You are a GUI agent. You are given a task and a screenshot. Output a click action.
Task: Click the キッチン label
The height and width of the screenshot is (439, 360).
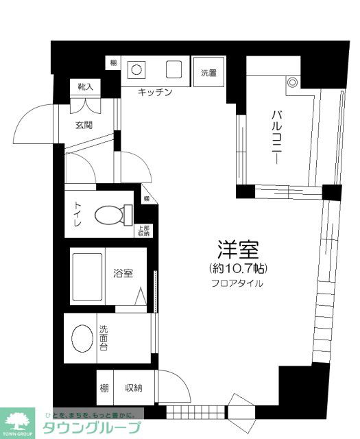pyautogui.click(x=154, y=92)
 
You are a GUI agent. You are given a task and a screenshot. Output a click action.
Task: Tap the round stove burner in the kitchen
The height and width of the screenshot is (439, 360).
pyautogui.click(x=137, y=69)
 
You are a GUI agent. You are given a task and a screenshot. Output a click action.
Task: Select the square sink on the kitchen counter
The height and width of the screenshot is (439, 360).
pyautogui.click(x=173, y=70)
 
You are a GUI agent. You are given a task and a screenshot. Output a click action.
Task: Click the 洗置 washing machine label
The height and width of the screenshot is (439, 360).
pyautogui.click(x=208, y=71)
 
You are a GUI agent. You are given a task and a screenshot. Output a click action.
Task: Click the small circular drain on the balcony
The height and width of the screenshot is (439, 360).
pyautogui.click(x=293, y=82)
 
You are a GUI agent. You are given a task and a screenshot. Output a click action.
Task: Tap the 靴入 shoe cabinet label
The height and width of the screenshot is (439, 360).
pyautogui.click(x=85, y=87)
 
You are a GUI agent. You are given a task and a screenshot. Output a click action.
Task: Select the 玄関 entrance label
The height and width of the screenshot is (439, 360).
pyautogui.click(x=84, y=125)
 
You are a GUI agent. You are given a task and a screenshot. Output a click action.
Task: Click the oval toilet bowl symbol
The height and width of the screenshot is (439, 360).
pyautogui.click(x=112, y=215)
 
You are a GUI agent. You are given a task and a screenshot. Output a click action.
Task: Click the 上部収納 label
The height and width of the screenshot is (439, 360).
pyautogui.click(x=143, y=231)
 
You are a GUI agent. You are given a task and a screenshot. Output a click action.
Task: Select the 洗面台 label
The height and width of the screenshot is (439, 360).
pyautogui.click(x=104, y=337)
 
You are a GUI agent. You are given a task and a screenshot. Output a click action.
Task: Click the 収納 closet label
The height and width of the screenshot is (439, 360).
pyautogui.click(x=132, y=389)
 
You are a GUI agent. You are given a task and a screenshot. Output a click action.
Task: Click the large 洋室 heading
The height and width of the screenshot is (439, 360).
pyautogui.click(x=235, y=248)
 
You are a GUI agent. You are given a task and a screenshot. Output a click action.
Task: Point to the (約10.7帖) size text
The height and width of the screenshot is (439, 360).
pyautogui.click(x=235, y=267)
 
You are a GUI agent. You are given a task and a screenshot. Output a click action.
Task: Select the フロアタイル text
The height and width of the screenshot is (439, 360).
pyautogui.click(x=235, y=283)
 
